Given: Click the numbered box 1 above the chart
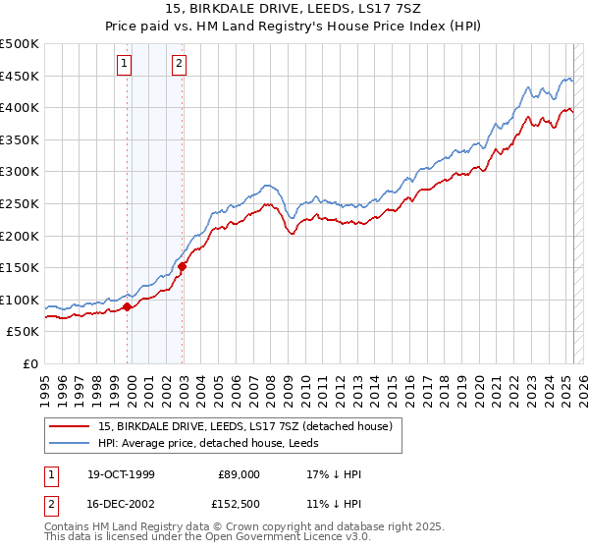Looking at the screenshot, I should [x=126, y=65].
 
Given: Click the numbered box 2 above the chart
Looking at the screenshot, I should [x=180, y=65].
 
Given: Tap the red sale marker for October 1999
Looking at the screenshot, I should [x=128, y=306].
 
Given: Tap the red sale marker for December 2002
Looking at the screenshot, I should [x=183, y=266].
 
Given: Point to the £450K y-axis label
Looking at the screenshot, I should [x=20, y=76].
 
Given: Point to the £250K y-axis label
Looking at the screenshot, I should [x=20, y=203].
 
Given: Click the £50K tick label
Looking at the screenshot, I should [x=24, y=332].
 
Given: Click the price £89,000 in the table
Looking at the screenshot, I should [x=240, y=474].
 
